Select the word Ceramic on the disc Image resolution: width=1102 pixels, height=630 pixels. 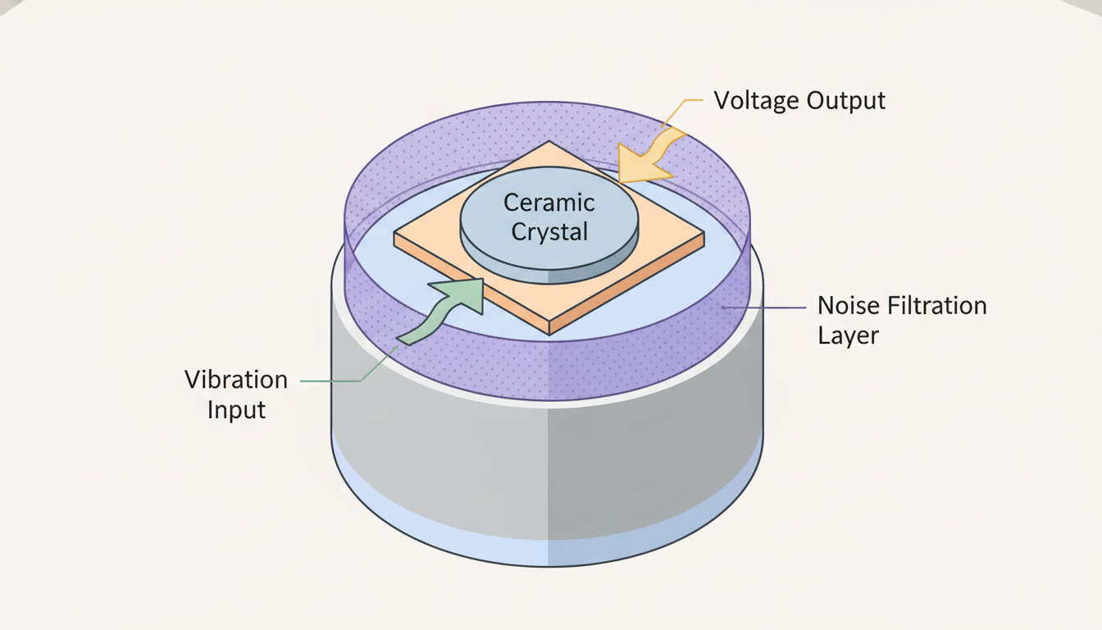point(549,203)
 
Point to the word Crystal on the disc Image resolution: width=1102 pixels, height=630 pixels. point(549,231)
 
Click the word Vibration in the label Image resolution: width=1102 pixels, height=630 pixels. point(236,380)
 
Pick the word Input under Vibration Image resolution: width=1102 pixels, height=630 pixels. point(236,409)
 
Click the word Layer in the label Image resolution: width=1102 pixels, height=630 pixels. point(848,336)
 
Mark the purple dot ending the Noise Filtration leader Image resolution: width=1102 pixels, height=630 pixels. point(722,307)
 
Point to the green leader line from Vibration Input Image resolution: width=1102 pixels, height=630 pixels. point(332,381)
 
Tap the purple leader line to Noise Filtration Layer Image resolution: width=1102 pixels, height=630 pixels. point(763,307)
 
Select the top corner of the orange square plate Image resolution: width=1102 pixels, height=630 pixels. point(549,142)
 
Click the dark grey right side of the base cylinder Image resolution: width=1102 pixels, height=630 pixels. point(656,459)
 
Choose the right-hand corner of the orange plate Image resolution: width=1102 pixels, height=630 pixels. point(702,234)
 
